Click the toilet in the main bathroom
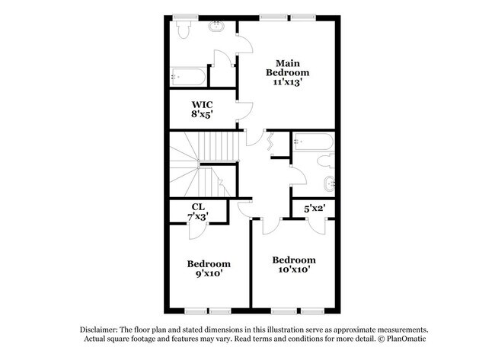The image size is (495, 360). pos(183,29)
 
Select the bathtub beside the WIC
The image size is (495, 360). pos(186,76)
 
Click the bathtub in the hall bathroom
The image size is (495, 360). pos(311,142)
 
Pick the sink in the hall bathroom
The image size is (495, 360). pos(329,182)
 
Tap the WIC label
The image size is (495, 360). pos(202,104)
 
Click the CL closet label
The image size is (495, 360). pos(197,206)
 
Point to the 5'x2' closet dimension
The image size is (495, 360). pos(315,208)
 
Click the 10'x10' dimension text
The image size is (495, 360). pos(293,269)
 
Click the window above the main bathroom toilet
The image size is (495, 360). pos(183,17)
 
